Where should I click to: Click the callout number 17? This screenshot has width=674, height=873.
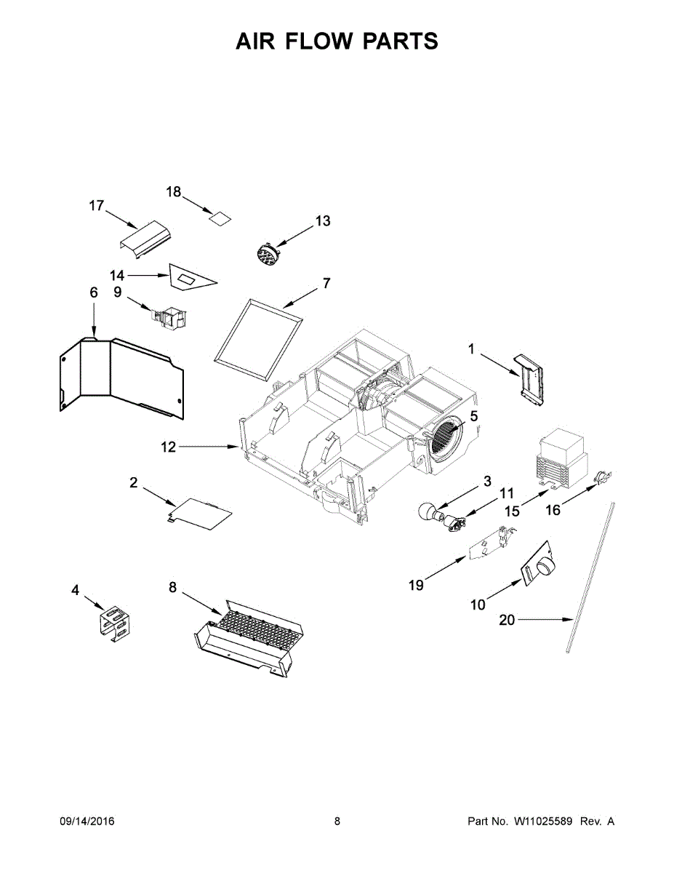[97, 206]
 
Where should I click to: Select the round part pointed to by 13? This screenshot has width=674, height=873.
[268, 255]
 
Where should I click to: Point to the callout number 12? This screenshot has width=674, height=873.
[168, 447]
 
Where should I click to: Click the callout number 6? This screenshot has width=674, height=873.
[93, 292]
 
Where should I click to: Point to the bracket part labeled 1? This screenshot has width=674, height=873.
[529, 378]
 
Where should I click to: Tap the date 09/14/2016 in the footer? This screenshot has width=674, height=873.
[87, 821]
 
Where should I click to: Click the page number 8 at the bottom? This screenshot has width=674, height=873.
[337, 821]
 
